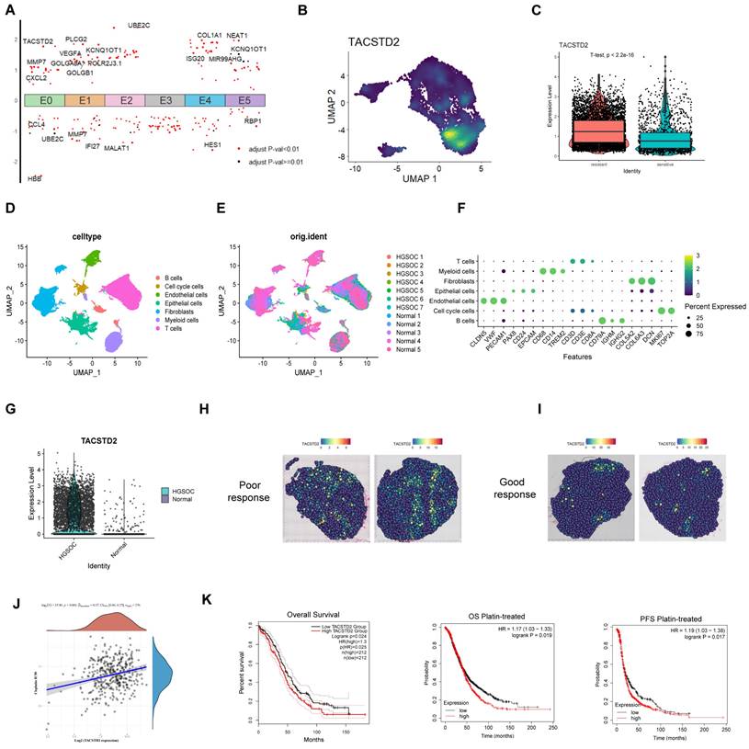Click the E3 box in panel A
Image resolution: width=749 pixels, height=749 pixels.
pyautogui.click(x=165, y=100)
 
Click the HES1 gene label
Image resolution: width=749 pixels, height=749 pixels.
pyautogui.click(x=212, y=144)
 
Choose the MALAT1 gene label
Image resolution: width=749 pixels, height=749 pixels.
pyautogui.click(x=117, y=147)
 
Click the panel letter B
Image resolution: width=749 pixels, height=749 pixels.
pyautogui.click(x=302, y=10)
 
